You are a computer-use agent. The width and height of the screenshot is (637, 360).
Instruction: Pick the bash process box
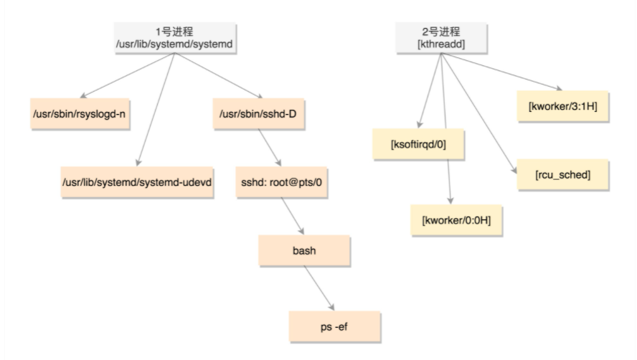[x=303, y=252]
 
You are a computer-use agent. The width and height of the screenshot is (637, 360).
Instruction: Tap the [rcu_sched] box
[x=562, y=174]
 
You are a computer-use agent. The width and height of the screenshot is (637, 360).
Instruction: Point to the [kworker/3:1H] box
[x=563, y=106]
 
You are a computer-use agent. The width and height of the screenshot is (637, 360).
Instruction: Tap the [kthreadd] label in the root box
[x=442, y=45]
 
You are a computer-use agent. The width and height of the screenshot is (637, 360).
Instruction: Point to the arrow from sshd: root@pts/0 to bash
[x=291, y=217]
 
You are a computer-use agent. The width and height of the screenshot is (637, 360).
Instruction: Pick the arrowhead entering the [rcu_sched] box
[x=514, y=169]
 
